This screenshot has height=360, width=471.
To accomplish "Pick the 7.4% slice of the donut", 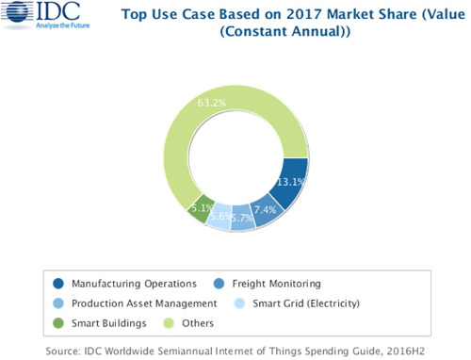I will tap(265, 210).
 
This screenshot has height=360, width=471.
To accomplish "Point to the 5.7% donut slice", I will tap(241, 219).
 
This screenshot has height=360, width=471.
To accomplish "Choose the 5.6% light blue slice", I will tap(219, 218).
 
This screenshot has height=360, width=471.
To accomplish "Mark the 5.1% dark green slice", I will tap(199, 209).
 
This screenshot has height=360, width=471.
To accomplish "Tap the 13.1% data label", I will tap(290, 183).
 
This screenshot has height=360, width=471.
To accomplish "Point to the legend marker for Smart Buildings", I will tap(59, 322).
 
